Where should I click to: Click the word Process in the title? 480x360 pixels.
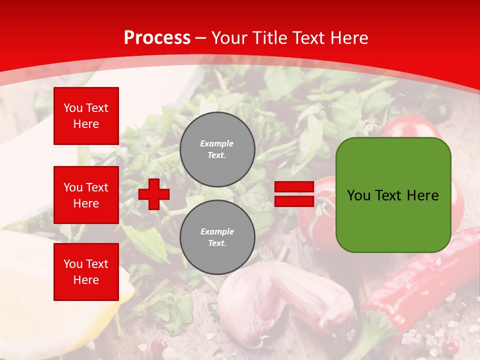click(157, 38)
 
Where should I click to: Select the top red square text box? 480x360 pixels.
click(86, 116)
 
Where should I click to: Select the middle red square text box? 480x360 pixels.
click(86, 195)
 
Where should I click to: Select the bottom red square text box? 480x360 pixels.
click(86, 271)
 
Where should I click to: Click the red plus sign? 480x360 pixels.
click(154, 194)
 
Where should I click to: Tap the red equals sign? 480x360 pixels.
click(294, 194)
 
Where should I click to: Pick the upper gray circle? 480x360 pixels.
click(217, 149)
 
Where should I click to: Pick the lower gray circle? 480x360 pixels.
click(217, 237)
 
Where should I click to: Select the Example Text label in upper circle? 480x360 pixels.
click(217, 149)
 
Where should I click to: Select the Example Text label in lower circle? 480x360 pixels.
click(217, 237)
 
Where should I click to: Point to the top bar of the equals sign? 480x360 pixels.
click(294, 187)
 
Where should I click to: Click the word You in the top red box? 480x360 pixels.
click(73, 108)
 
